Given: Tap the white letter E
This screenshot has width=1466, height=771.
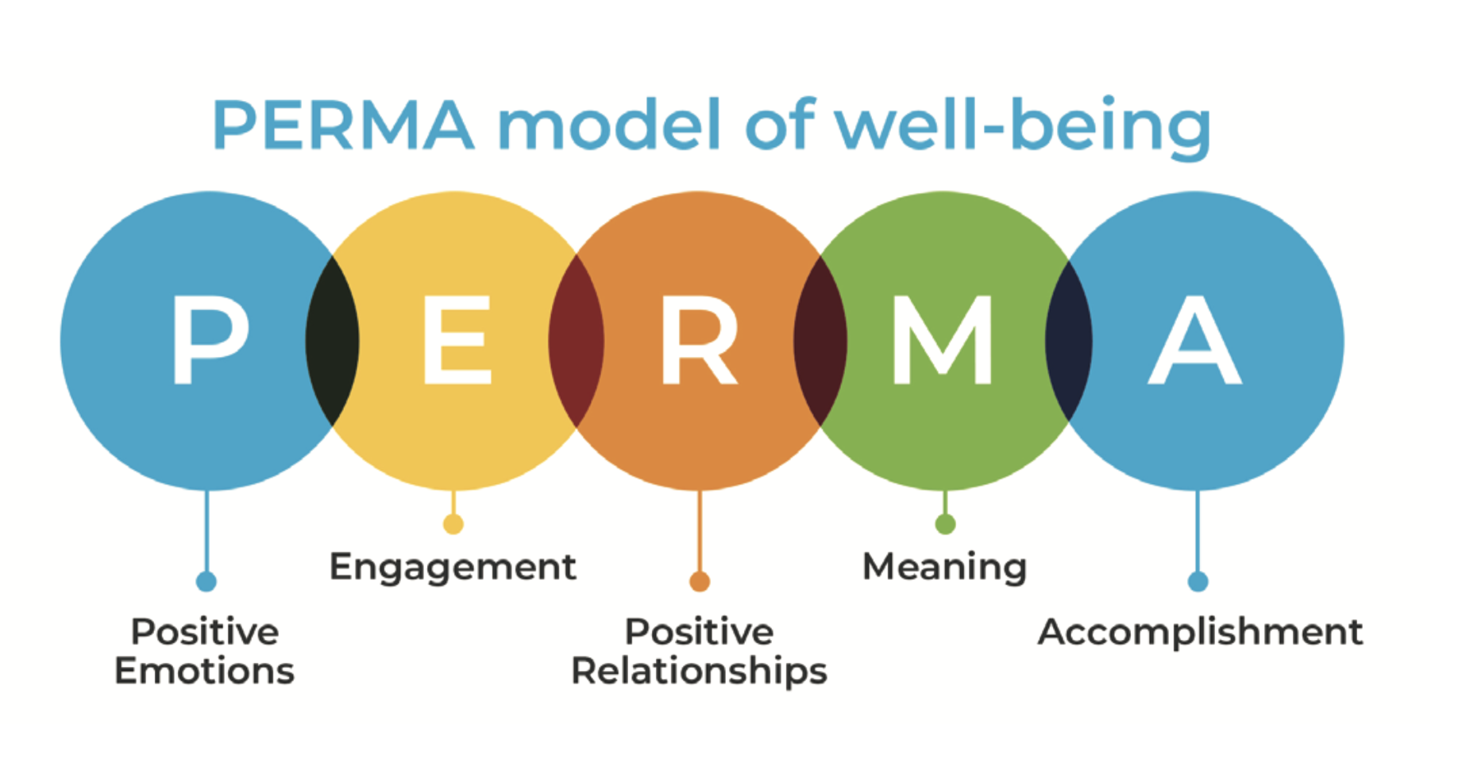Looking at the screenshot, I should click(456, 340).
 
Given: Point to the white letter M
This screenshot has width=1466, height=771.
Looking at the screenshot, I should click(943, 340).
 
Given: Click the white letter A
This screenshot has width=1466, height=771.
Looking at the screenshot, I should click(1195, 340).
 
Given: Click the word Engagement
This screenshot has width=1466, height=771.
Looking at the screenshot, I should click(453, 568).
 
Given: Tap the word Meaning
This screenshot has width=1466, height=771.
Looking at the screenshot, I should click(944, 568).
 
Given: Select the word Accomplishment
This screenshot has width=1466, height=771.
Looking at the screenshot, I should click(1200, 633).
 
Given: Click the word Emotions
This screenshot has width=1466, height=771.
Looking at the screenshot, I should click(204, 672).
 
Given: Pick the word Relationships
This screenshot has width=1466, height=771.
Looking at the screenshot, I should click(699, 672).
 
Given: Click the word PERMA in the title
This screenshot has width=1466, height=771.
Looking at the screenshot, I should click(343, 126).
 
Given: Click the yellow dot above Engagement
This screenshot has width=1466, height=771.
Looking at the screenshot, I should click(453, 524).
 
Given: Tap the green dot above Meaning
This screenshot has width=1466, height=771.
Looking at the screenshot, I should click(945, 524).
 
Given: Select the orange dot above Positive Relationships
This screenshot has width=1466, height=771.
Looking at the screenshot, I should click(700, 582).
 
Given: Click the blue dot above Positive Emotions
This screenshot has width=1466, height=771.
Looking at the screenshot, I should click(206, 582).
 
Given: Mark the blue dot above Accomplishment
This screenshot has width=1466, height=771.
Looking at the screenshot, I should click(1198, 582).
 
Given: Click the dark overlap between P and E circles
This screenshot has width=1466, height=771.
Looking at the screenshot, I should click(332, 340).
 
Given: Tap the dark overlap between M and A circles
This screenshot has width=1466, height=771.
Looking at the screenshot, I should click(1069, 340).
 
